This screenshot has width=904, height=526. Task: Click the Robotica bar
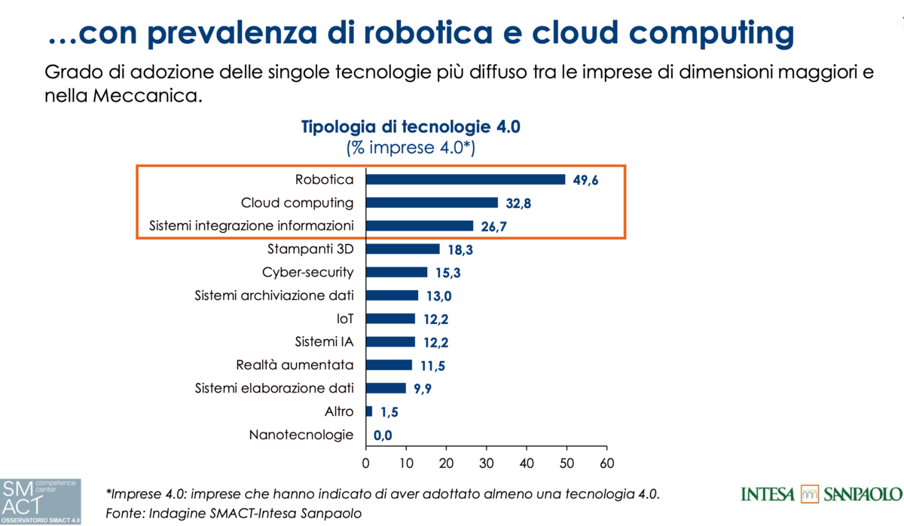465,179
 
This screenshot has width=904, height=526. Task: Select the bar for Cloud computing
432,203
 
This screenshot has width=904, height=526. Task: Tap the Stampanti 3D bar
402,249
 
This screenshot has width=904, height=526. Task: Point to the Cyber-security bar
396,272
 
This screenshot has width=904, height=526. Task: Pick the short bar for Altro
368,411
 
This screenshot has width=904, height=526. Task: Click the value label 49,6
586,180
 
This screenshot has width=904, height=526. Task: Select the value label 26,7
494,226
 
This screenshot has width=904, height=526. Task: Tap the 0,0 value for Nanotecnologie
383,435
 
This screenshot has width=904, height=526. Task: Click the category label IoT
346,318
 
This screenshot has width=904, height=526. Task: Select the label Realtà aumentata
295,365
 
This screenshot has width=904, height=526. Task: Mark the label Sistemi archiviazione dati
274,295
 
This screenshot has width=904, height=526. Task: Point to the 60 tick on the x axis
606,462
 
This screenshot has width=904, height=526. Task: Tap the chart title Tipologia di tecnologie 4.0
411,127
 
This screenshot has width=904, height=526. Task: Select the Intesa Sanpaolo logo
820,494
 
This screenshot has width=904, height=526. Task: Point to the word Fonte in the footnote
125,513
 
